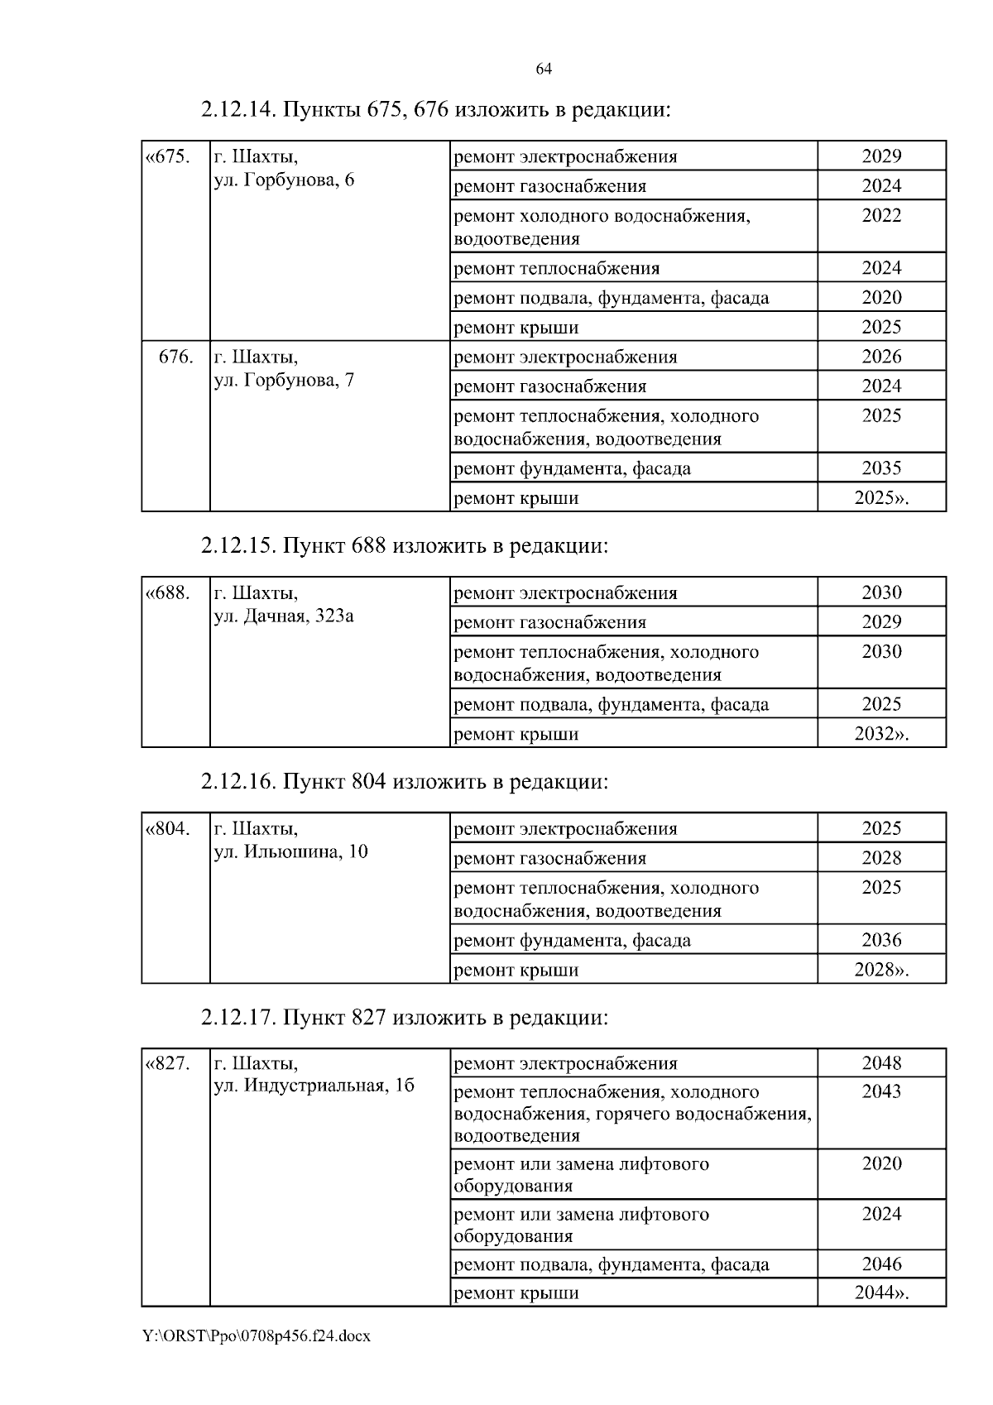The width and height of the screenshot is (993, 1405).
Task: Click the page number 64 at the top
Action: point(544,70)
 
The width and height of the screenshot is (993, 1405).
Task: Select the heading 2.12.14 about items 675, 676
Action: point(435,109)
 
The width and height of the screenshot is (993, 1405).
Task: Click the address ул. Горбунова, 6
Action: point(284,180)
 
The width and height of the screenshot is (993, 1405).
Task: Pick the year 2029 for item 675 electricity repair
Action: point(881,156)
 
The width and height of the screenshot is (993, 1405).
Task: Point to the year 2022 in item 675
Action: point(881,216)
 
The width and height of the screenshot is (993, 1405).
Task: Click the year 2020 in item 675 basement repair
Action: point(881,298)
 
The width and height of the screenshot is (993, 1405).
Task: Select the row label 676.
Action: point(175,357)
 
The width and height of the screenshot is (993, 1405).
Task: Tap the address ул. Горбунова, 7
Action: point(284,381)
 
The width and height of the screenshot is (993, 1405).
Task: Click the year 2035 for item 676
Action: point(881,468)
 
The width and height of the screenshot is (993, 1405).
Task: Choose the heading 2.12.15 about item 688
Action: point(405,546)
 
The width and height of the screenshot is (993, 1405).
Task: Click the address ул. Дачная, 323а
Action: point(284,616)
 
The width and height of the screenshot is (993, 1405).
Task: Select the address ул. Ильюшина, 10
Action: point(290,851)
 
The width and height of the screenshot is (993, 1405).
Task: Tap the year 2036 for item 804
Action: point(881,940)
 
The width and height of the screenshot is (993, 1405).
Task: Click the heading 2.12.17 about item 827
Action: point(405,1017)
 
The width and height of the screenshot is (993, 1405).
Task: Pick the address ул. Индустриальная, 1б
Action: point(314,1086)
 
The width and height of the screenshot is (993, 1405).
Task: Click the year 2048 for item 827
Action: point(881,1063)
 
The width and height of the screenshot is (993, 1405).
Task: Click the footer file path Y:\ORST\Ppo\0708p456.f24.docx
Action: point(257,1335)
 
